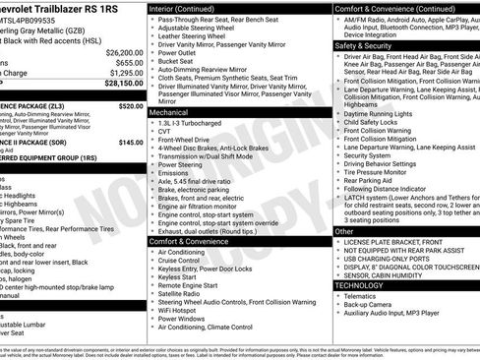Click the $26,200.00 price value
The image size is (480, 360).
[124, 52]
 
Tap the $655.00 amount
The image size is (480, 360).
[128, 62]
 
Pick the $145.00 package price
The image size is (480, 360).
[131, 143]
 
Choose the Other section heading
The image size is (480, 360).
[344, 231]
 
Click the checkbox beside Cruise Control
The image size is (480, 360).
[151, 261]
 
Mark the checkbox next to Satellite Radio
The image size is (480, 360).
[151, 294]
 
